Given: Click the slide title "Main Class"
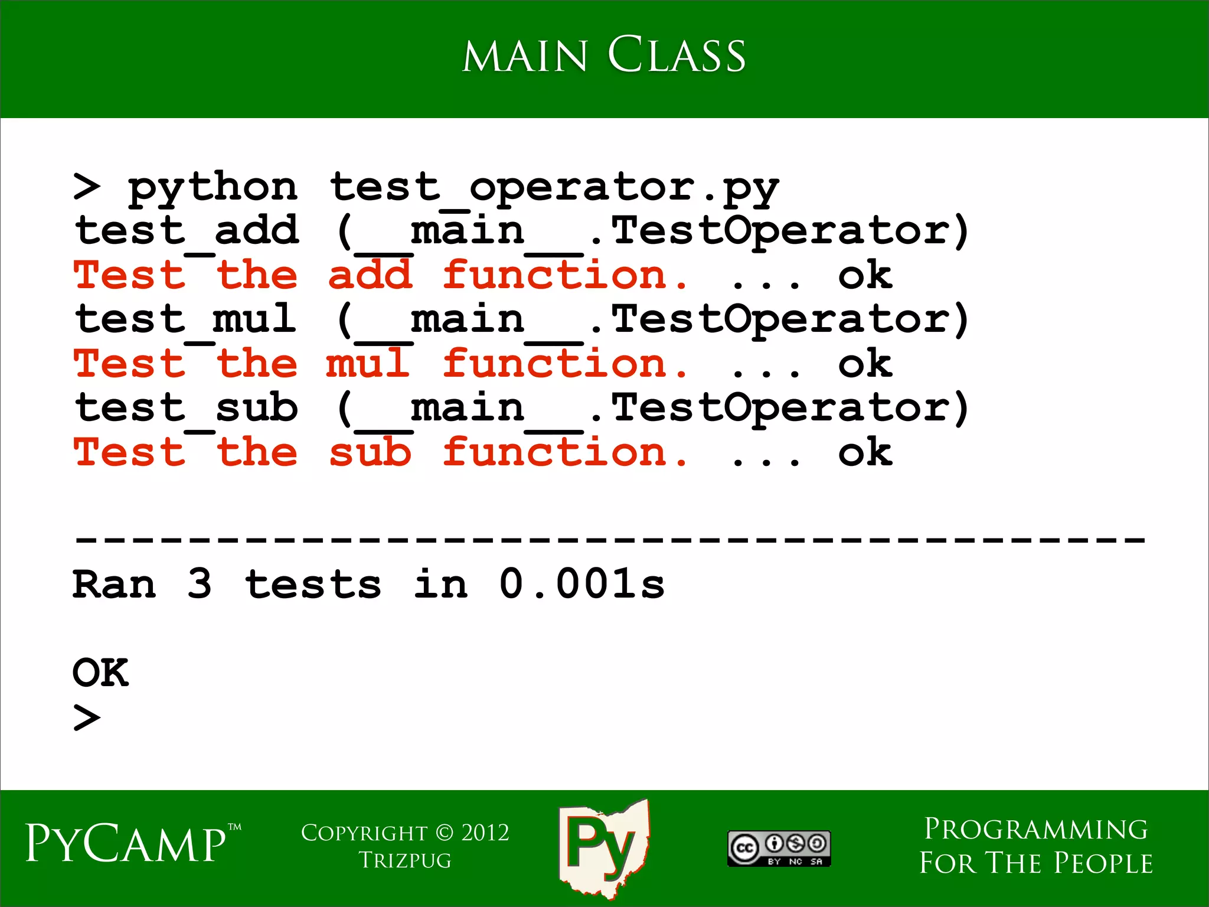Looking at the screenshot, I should (603, 56).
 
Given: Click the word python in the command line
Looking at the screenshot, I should (213, 188).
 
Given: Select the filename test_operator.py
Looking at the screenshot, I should (554, 188).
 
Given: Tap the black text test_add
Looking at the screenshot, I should (187, 231).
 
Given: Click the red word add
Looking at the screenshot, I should (370, 276).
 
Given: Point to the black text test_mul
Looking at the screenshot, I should (186, 320).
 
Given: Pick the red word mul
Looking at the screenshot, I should (368, 364).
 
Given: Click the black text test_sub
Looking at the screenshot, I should (187, 409).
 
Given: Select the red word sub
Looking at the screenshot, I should (370, 453).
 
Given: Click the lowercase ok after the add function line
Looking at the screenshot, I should (865, 276).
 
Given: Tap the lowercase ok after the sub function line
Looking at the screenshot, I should (865, 453).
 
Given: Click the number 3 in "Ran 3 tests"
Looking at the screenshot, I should (200, 585).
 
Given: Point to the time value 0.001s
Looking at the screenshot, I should (581, 585).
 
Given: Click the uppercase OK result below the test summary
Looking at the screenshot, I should (100, 673).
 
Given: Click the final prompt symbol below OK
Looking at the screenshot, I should (87, 717).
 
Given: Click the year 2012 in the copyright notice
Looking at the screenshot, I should (485, 833).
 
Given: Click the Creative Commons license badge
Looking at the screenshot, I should (779, 849).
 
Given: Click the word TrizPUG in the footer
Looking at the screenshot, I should (405, 861).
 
